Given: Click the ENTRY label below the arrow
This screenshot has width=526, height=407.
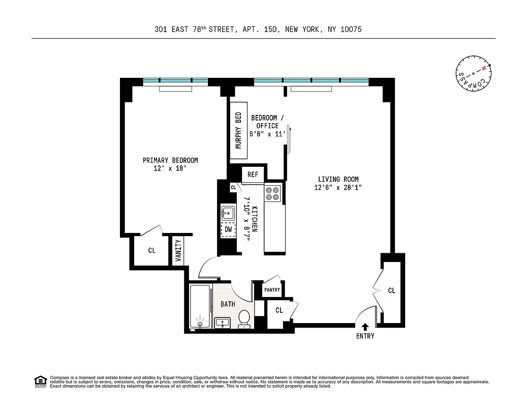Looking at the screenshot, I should click(365, 336).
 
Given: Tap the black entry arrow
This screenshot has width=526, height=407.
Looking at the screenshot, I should click(365, 327).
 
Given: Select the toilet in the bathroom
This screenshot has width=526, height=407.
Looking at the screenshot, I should click(244, 318).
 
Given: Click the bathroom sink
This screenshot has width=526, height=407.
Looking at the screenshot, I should click(223, 322).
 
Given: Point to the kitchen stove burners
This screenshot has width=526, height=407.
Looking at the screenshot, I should click(273, 193).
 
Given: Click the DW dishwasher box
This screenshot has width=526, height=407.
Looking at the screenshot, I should click(228, 230).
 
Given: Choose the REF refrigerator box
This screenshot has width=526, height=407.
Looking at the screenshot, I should click(253, 175).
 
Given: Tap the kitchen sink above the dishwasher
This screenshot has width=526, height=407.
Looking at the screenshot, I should click(228, 212).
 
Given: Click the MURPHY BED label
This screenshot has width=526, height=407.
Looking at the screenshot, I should click(238, 130).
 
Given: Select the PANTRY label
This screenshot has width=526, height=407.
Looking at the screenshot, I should click(272, 289).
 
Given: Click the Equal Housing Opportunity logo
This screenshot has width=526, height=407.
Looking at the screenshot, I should click(40, 381).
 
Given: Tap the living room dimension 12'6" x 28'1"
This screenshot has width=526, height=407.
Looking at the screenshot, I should click(338, 188).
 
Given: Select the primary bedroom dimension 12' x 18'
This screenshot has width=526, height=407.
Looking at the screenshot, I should click(170, 169).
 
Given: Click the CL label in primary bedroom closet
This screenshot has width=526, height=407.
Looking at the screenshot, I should click(151, 250).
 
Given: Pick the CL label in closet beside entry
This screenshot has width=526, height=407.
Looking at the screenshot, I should click(391, 290).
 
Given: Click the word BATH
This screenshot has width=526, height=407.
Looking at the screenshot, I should click(227, 304).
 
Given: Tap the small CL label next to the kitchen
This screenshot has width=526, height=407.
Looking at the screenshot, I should click(233, 187).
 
